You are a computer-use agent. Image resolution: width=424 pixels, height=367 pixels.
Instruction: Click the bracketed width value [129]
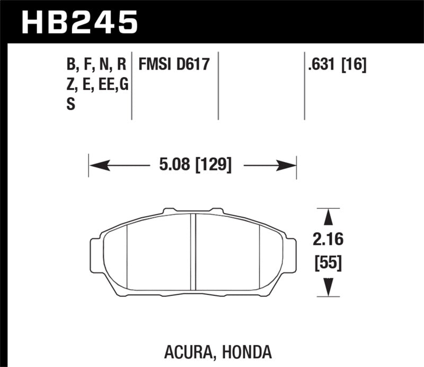coord(214,165)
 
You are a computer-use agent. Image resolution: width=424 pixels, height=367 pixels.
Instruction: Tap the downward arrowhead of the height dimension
coord(328,287)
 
